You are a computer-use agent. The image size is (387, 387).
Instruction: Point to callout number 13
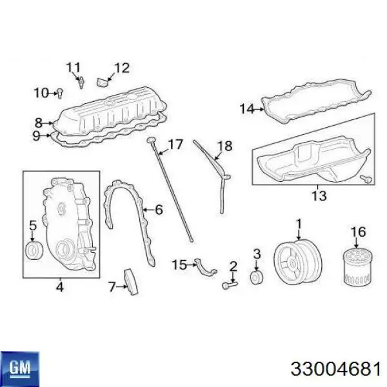tap(319, 196)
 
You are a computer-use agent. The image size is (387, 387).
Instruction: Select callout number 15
tap(179, 264)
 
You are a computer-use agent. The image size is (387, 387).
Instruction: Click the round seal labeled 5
tap(32, 249)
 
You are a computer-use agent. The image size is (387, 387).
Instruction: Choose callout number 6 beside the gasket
tap(159, 209)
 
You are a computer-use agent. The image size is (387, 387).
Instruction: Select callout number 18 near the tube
tap(224, 146)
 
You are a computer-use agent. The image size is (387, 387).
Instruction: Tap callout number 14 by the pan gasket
tap(246, 109)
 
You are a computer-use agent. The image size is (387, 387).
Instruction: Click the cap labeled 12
tap(101, 82)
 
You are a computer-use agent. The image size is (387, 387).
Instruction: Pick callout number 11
tap(74, 66)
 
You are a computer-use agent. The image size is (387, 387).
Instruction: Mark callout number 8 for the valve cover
tap(38, 122)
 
